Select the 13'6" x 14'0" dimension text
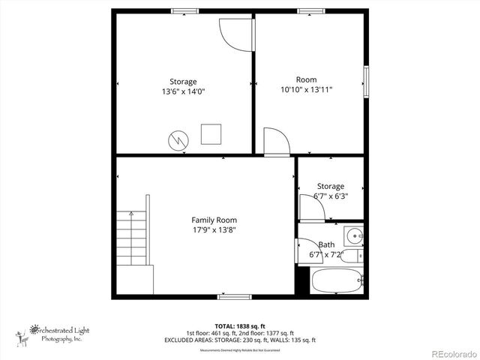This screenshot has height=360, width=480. [183, 91]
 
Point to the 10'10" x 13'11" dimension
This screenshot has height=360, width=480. [306, 89]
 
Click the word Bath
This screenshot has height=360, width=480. [326, 244]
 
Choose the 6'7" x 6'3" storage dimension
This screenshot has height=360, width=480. [330, 196]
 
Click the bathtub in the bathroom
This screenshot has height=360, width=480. [337, 283]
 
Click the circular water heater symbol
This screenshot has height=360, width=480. [178, 139]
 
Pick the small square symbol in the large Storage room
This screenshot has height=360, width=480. [211, 133]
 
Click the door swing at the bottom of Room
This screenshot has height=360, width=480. [274, 142]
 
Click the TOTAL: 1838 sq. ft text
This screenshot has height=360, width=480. [240, 325]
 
